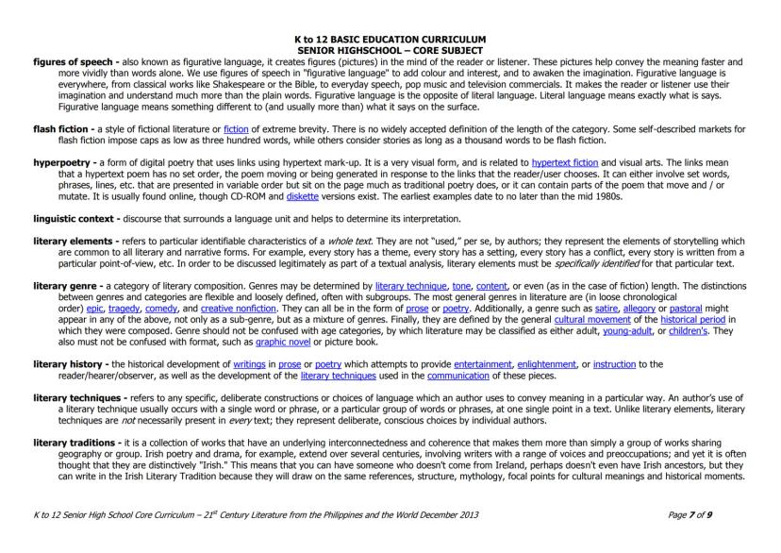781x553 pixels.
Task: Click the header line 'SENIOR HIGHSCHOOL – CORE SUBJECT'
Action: pos(390,50)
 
